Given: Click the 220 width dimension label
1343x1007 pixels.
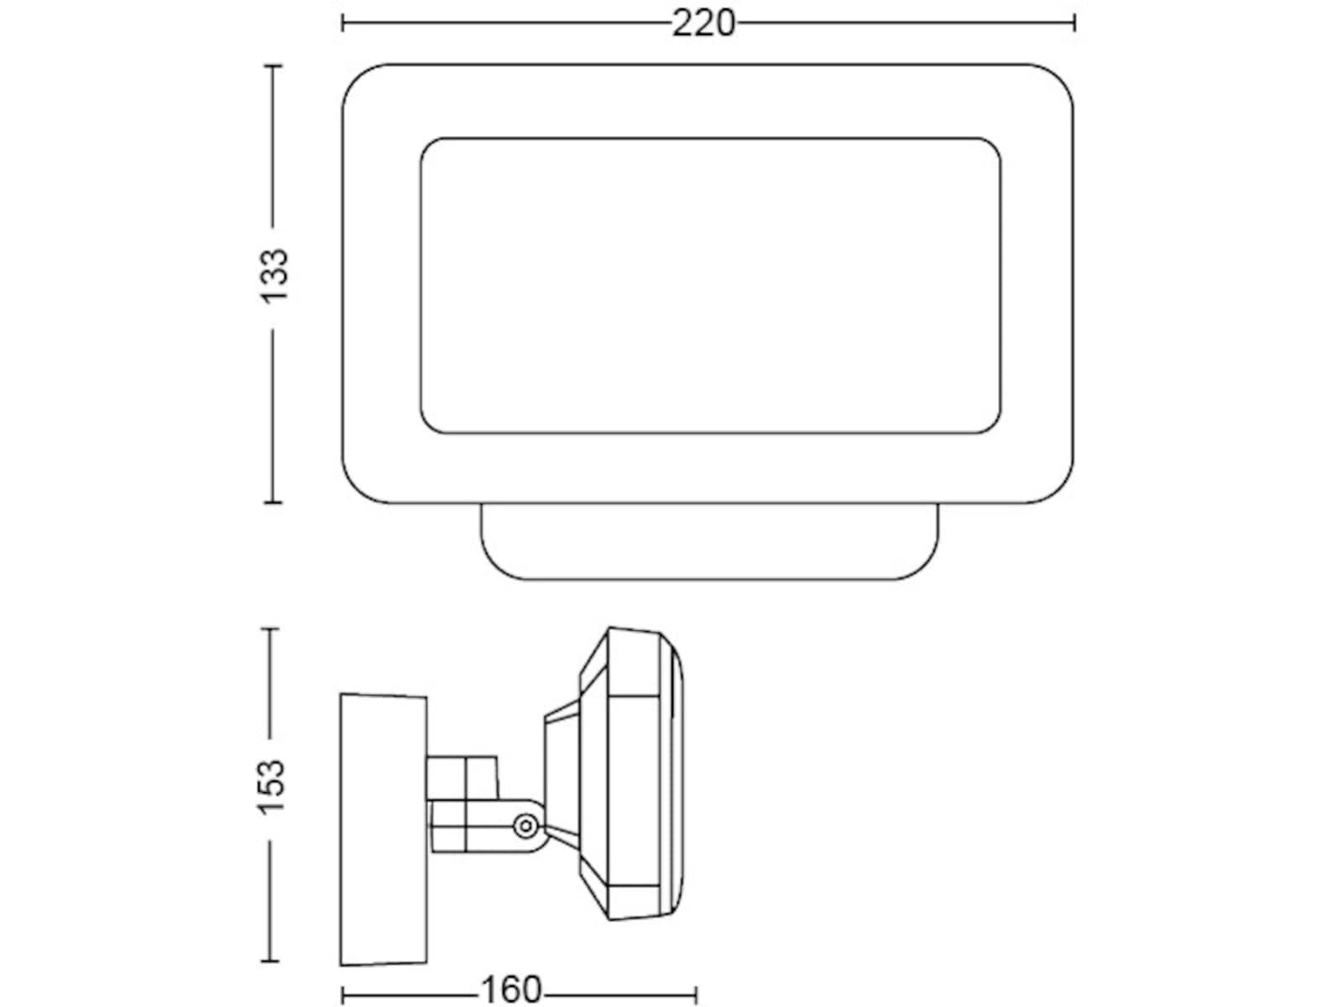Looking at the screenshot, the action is [703, 24].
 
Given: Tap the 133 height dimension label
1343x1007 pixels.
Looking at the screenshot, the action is [274, 276].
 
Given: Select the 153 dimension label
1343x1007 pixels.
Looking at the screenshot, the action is [271, 787].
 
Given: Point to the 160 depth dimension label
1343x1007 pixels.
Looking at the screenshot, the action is [511, 989].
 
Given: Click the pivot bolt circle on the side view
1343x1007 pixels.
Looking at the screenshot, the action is [525, 827].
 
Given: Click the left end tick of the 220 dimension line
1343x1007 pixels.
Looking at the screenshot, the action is [343, 23].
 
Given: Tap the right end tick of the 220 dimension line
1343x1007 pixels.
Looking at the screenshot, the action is [1074, 23].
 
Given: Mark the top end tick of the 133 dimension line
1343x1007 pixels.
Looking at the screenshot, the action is [273, 65].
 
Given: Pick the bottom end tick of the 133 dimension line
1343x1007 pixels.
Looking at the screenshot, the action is [273, 503].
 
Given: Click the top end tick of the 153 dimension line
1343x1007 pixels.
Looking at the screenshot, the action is [270, 629].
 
